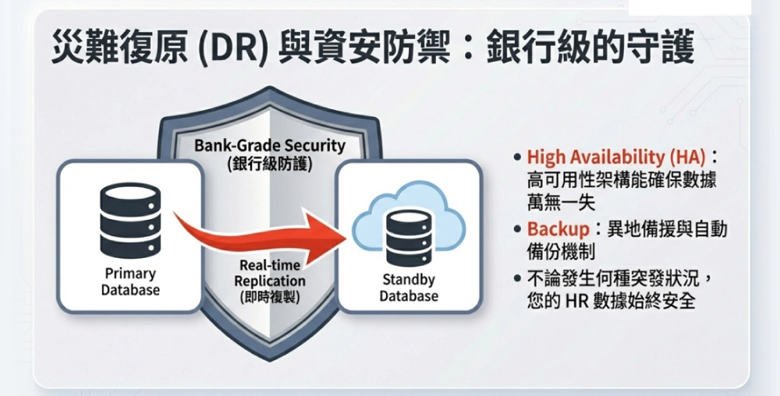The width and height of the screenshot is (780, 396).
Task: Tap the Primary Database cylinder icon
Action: tap(130, 220)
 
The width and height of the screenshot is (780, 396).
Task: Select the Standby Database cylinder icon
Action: tap(409, 238)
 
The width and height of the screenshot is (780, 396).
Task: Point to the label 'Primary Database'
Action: tap(130, 281)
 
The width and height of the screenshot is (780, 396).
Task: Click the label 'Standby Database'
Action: tap(409, 288)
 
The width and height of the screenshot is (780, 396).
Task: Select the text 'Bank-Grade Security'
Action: tap(270, 146)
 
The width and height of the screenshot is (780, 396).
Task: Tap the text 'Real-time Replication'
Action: tap(270, 273)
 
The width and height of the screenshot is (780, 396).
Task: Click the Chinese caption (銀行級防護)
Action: tap(270, 164)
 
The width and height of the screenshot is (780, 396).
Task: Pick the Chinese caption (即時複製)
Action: tap(270, 298)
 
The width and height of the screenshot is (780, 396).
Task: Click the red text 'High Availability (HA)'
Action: tap(616, 157)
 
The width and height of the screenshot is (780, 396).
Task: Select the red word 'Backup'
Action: tap(558, 229)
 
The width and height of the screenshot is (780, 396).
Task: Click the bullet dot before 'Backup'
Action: tap(517, 230)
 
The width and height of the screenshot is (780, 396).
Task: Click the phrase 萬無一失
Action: tap(561, 202)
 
